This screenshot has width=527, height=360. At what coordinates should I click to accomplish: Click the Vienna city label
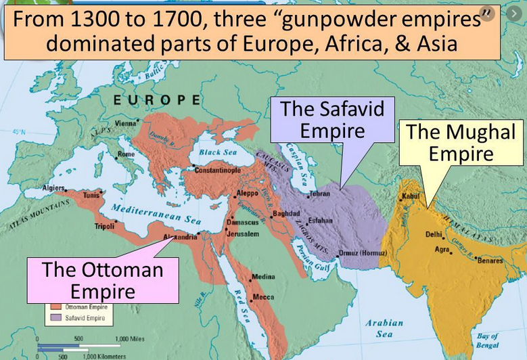pyautogui.click(x=124, y=123)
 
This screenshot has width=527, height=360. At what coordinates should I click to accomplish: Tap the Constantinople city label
pyautogui.click(x=217, y=171)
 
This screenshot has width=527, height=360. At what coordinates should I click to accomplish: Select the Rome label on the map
pyautogui.click(x=126, y=154)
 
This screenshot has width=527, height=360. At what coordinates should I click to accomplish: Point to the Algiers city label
pyautogui.click(x=53, y=187)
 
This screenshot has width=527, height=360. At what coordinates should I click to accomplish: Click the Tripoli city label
pyautogui.click(x=104, y=226)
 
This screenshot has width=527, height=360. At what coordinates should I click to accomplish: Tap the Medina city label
pyautogui.click(x=265, y=277)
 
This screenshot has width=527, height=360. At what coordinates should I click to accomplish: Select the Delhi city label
pyautogui.click(x=433, y=235)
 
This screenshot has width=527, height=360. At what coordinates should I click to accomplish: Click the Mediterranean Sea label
pyautogui.click(x=156, y=212)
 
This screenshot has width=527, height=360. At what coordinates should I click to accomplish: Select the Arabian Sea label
pyautogui.click(x=384, y=328)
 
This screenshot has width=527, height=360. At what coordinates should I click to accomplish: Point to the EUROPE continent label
pyautogui.click(x=157, y=100)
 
